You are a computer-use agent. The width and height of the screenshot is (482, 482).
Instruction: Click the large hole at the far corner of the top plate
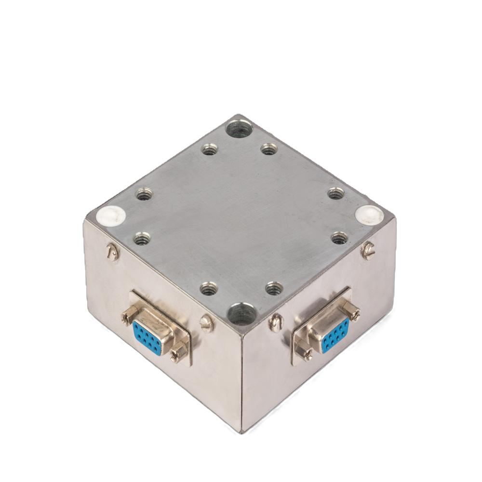[x=239, y=129]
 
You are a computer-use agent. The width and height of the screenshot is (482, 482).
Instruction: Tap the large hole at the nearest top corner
[x=241, y=313]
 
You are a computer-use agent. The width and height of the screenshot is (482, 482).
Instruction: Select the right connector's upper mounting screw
[x=354, y=314]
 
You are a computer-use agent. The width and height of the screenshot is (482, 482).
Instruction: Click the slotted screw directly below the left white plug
[x=112, y=253]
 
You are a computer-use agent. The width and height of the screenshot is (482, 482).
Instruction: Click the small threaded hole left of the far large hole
[x=209, y=150]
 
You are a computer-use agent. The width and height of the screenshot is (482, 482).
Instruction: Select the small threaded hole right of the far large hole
[x=269, y=149]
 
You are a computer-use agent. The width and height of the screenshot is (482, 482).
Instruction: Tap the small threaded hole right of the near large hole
[x=273, y=288]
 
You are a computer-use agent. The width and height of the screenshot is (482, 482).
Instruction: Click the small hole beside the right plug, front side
[x=339, y=237]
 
